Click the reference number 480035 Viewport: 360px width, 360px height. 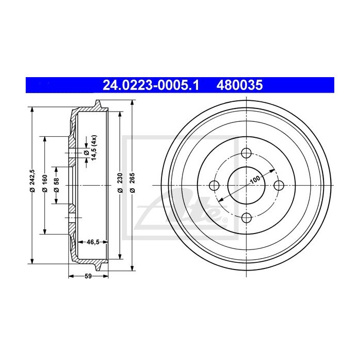pos(242,84)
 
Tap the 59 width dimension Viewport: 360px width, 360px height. pos(88,277)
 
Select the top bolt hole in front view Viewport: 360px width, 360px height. pos(247,153)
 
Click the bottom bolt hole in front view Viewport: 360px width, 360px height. pos(247,217)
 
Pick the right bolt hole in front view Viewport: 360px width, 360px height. pos(279,185)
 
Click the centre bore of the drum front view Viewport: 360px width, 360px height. pos(247,185)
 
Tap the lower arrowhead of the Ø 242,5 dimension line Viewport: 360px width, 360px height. pos(32,260)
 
